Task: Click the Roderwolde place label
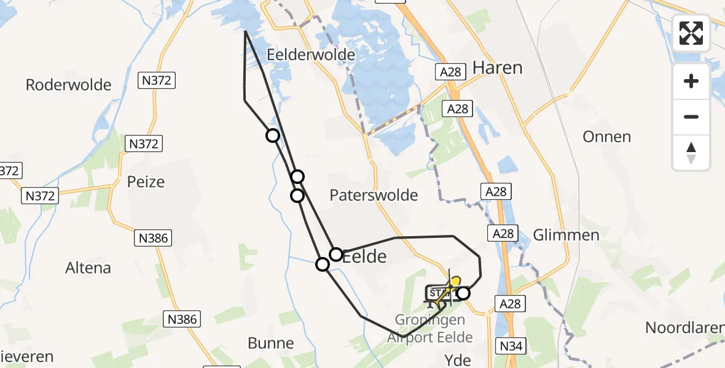(68, 85)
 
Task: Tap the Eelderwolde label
(311, 55)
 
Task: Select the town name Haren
(498, 67)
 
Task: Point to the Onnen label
(607, 136)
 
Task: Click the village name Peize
(146, 182)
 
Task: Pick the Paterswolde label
(374, 195)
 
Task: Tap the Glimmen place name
(566, 236)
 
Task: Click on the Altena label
(88, 268)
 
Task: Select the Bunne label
(271, 342)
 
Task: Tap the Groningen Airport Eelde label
(434, 329)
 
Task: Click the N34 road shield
(512, 347)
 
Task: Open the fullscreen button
(691, 33)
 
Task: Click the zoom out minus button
(691, 117)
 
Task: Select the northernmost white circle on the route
(272, 136)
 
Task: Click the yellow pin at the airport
(455, 282)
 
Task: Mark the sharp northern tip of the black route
(245, 31)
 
